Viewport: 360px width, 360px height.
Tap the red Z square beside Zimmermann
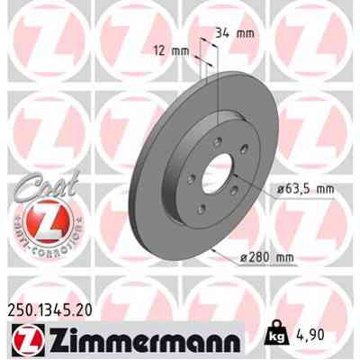(x=22, y=341)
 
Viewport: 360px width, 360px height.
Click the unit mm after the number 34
(x=245, y=34)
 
